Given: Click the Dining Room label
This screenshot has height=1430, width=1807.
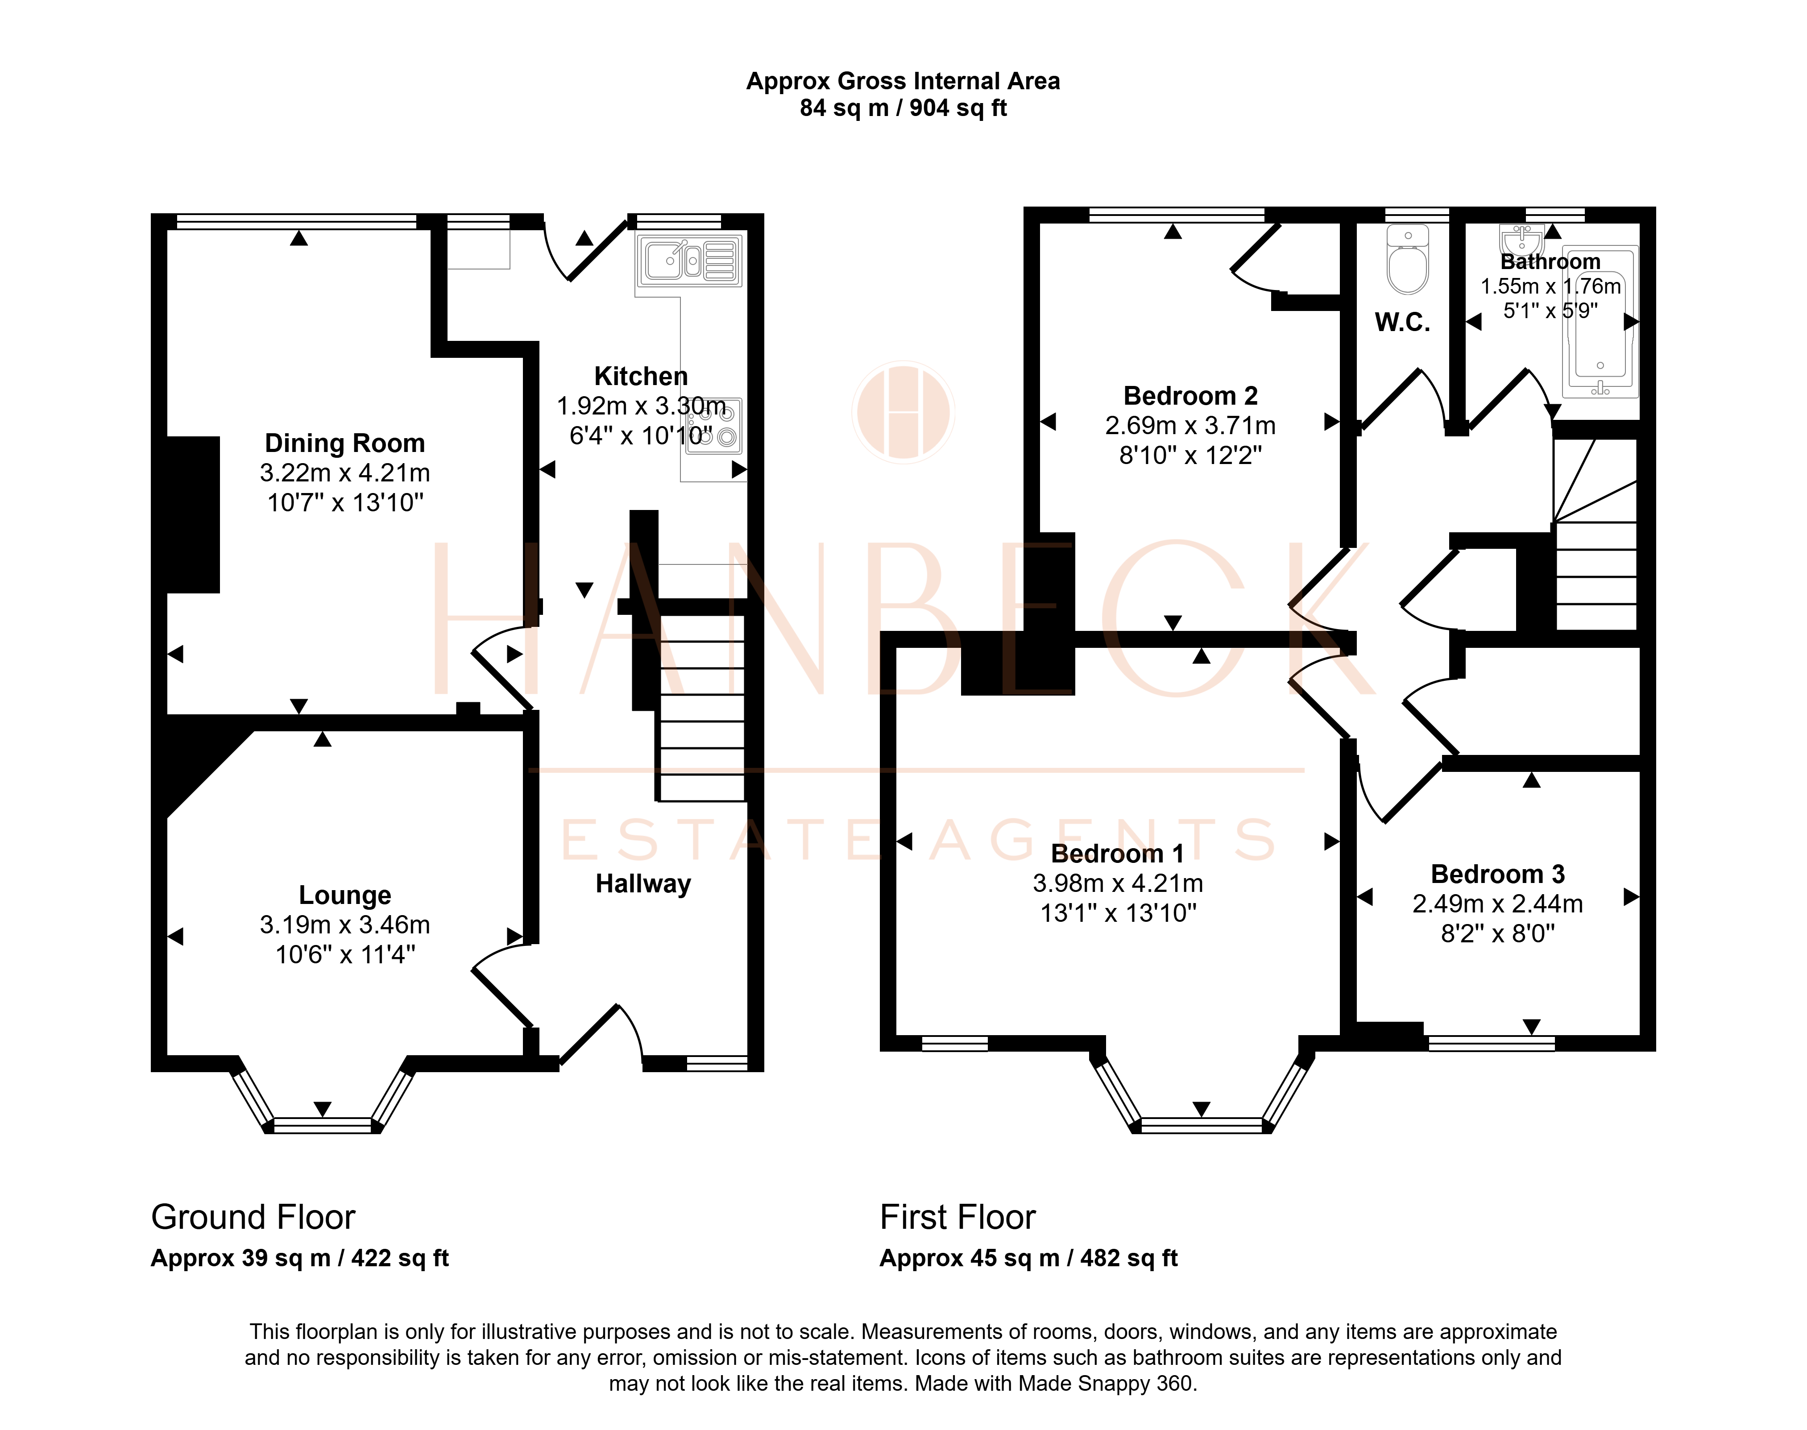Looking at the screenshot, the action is (x=345, y=443).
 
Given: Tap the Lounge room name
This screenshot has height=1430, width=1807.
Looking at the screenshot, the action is (x=345, y=895).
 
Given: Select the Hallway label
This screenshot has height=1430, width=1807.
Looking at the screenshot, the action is (x=643, y=884).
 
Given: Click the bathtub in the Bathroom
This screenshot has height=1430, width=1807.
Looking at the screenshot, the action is (x=1600, y=322).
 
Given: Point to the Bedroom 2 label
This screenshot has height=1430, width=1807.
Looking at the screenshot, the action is (x=1191, y=396).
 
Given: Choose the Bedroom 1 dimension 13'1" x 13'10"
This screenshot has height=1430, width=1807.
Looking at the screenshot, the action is (x=1118, y=912).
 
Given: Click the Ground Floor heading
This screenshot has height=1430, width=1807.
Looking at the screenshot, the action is (x=253, y=1217).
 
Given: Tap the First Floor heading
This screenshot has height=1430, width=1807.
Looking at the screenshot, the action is (x=958, y=1217).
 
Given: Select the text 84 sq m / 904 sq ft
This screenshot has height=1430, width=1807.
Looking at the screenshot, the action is (x=903, y=108).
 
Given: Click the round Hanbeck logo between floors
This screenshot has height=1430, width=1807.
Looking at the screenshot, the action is (x=903, y=412).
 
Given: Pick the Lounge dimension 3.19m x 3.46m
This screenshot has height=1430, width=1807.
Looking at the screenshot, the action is (x=345, y=925).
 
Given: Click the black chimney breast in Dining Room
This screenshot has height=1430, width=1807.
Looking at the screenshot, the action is (x=194, y=515).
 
